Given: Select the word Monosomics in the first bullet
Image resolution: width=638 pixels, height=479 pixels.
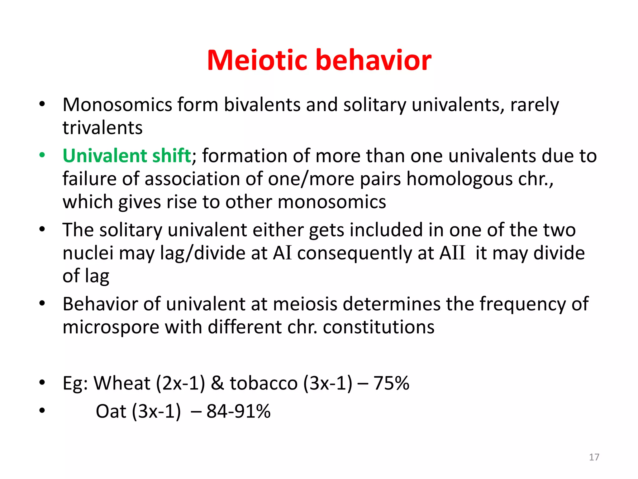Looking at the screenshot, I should click(x=117, y=105).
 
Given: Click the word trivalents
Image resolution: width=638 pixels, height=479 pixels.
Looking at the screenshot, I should click(x=102, y=128).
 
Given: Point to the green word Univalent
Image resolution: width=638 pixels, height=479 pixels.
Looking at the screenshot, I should click(x=105, y=156).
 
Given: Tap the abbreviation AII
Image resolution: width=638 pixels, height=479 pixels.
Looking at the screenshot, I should click(x=452, y=253).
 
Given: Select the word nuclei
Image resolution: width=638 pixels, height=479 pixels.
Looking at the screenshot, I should click(x=88, y=253).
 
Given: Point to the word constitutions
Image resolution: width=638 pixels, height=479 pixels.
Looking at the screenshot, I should click(x=379, y=327).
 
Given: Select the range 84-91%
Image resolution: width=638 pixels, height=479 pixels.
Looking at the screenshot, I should click(x=238, y=411).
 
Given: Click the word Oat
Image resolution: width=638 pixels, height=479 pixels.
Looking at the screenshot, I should click(x=111, y=411).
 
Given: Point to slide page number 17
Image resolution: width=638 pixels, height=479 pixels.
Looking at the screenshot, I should click(x=594, y=457).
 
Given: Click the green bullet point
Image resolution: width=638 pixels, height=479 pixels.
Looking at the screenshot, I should click(x=42, y=155).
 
